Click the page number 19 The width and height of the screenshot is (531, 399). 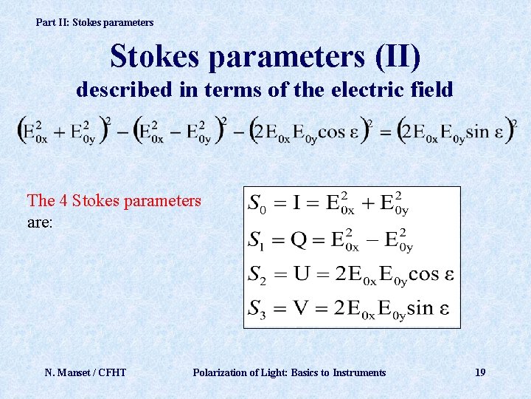pos(480,372)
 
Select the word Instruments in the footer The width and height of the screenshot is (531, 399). pos(359,372)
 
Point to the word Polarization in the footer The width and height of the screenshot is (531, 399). pos(221,372)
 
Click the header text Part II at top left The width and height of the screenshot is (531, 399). pos(52,22)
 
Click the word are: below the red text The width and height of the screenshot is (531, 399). pos(40,220)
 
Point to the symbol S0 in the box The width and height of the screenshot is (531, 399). pos(257,202)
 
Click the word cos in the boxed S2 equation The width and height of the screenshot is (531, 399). pos(423,274)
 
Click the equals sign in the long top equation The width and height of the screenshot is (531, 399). pos(385,130)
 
